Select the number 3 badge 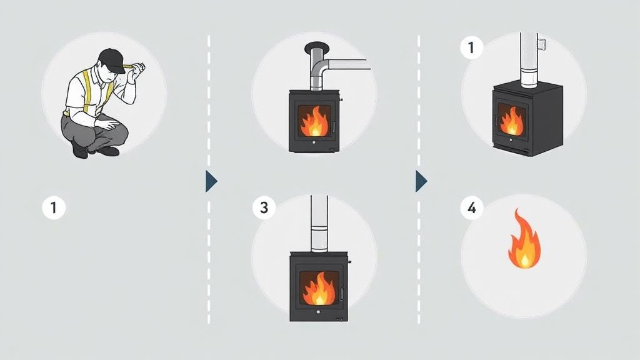point(264,207)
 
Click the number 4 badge point(472,208)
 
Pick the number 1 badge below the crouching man point(54,207)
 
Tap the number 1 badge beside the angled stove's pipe point(472,47)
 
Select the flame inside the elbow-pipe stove point(314,121)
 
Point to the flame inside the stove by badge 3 point(319,289)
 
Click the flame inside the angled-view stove point(511,121)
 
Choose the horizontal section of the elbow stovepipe point(347,64)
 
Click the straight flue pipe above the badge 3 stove point(319,224)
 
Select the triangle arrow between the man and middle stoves point(211,181)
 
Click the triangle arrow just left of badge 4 point(421,181)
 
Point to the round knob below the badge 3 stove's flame point(318,312)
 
